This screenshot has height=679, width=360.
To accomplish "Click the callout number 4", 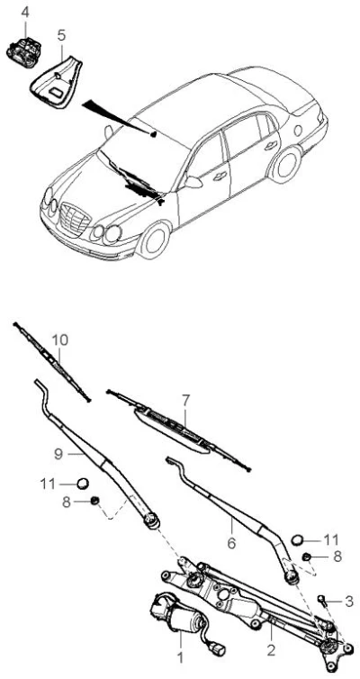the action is coord(25,12).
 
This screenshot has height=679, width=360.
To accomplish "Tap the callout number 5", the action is coord(61,35).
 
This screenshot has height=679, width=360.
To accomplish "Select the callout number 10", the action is coord(60,339).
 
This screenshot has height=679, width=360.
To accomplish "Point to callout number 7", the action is coord(185,401).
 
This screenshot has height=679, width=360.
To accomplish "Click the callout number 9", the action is coord(59,453).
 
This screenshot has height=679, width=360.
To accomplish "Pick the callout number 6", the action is coord(231,543).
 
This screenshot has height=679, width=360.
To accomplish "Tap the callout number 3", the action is coord(349,601).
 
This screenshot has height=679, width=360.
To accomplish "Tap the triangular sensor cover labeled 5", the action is coord(57,83).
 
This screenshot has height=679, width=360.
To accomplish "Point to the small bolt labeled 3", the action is coord(321,599).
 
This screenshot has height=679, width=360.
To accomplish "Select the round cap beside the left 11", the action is coord(83,484).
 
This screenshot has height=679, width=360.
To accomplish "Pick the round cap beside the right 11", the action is coord(298,539).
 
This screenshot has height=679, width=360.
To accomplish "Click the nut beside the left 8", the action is coord(94,501).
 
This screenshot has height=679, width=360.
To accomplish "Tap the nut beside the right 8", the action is coord(307,557).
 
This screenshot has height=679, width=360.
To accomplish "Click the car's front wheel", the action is coord(155,240).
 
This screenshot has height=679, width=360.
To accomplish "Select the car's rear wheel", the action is coord(284,164).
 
